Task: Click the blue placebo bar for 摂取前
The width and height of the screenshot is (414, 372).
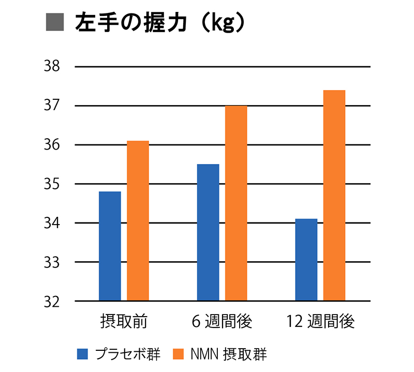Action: click(110, 246)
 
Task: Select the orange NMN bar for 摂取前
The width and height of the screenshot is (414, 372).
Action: click(138, 221)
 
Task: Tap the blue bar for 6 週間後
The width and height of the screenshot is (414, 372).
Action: click(208, 232)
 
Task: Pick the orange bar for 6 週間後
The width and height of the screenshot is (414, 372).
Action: click(236, 203)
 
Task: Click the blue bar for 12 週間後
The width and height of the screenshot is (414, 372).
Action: click(306, 260)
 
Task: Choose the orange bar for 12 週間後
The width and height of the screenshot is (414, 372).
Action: click(334, 196)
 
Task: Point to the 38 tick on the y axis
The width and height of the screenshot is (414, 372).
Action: click(54, 67)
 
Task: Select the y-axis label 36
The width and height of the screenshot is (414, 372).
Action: click(54, 145)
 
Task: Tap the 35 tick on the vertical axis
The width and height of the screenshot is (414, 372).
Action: click(54, 184)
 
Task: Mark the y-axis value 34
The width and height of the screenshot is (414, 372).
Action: click(54, 223)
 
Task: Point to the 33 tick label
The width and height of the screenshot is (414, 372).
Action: click(54, 262)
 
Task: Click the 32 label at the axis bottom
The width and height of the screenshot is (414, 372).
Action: click(54, 301)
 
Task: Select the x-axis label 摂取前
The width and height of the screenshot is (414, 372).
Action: click(124, 322)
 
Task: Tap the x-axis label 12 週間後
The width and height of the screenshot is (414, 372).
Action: click(321, 322)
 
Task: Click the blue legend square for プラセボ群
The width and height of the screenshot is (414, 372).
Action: click(83, 354)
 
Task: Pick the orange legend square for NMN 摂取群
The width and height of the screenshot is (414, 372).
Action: click(179, 354)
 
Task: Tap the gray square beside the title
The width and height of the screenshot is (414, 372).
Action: click(55, 23)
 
